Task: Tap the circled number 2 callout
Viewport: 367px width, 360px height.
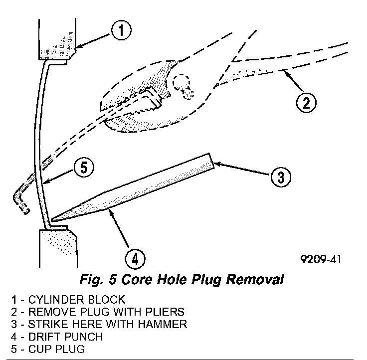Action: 305,103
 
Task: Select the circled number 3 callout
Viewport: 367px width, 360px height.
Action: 280,176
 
